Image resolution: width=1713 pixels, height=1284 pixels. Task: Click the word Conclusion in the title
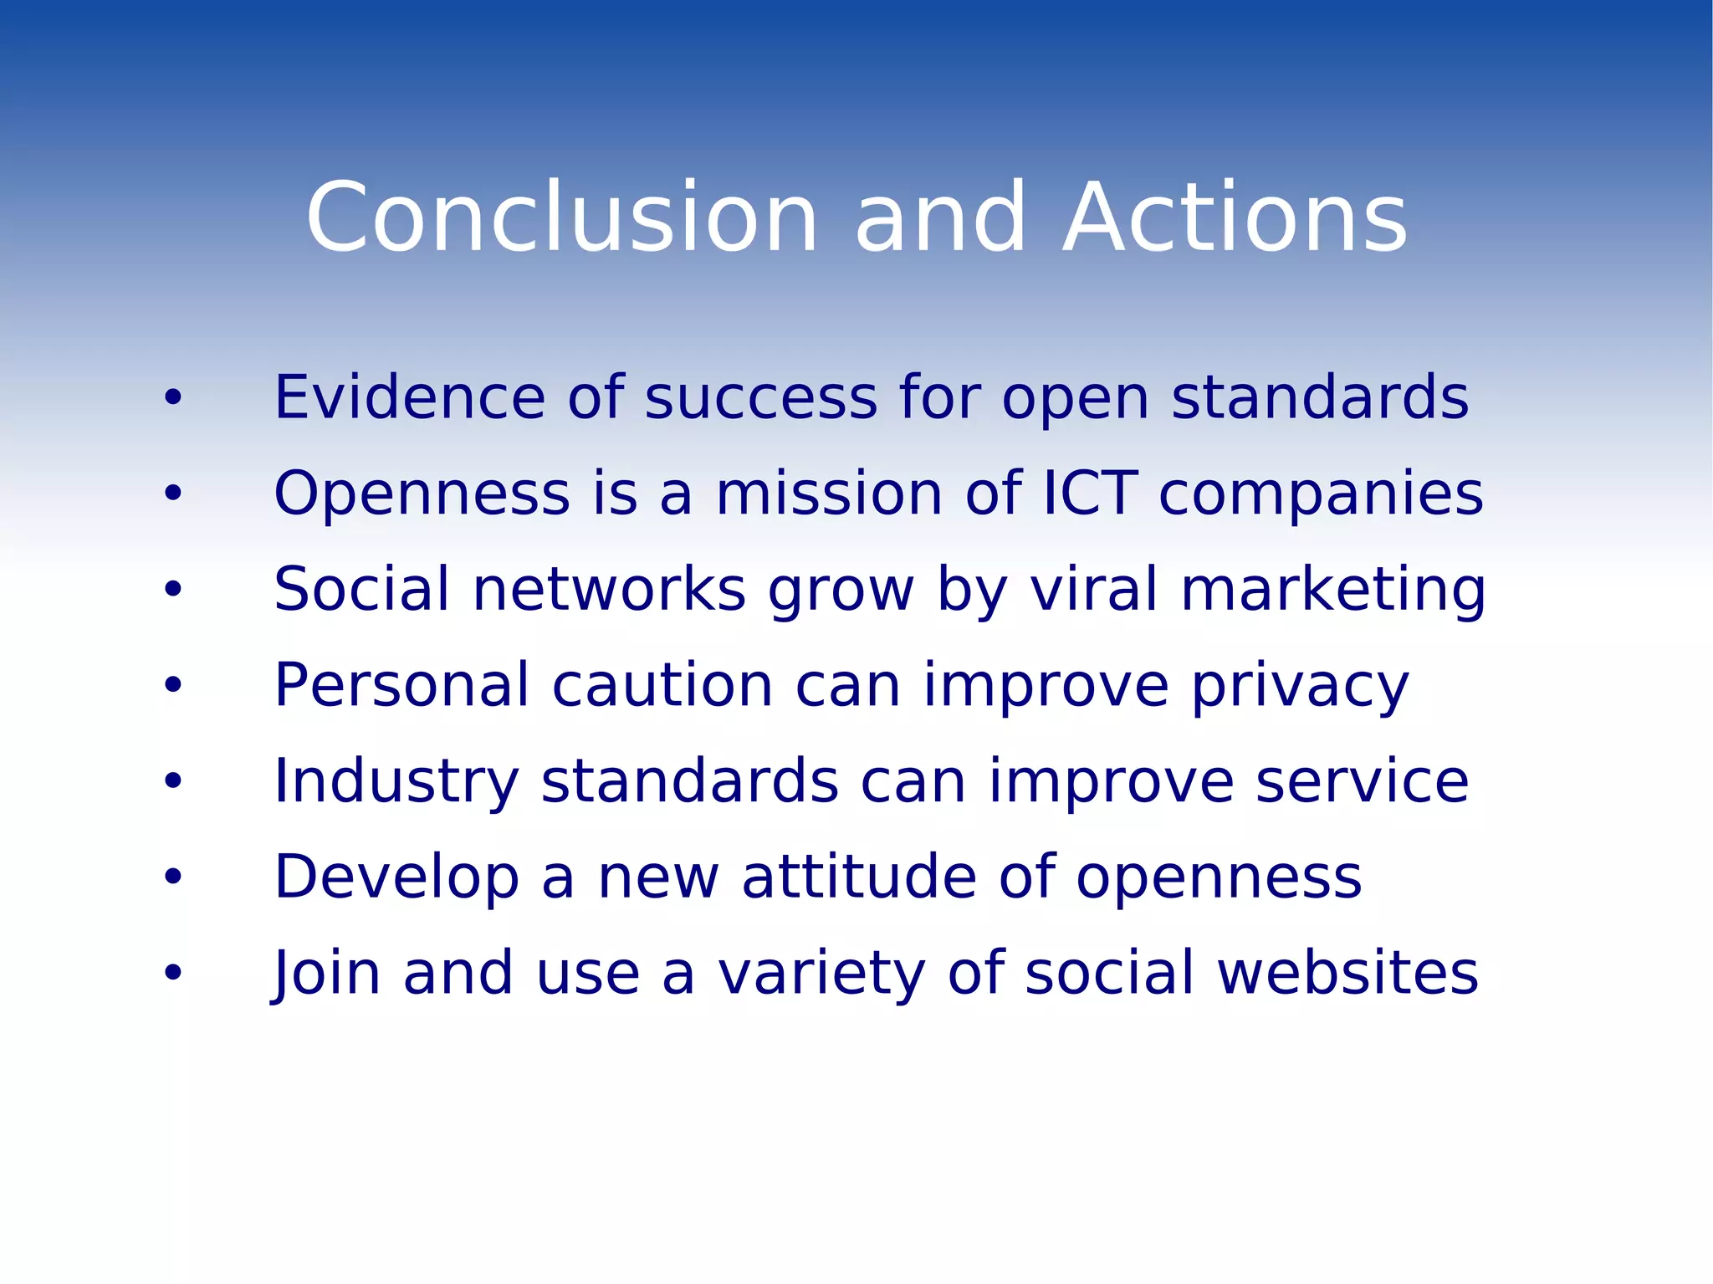pos(561,218)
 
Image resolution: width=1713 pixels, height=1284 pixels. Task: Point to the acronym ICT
pos(1091,494)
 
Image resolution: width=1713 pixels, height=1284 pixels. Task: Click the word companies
pos(1321,495)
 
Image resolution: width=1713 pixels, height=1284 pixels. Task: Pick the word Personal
pos(401,686)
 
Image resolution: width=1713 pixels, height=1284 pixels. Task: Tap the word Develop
pos(396,878)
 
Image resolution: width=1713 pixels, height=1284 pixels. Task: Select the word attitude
pos(859,877)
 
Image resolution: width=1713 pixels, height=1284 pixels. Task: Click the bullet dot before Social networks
pos(173,590)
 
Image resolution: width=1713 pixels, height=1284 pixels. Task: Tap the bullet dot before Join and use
pos(173,973)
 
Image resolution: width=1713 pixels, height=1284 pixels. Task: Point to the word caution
pos(662,686)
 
